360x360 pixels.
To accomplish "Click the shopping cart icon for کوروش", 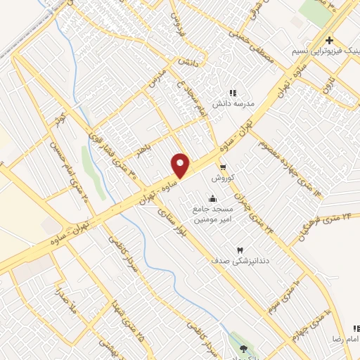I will pos(223,167).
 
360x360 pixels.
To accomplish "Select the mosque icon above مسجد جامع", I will pos(213,198).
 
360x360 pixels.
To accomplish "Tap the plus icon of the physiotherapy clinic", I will pos(329,41).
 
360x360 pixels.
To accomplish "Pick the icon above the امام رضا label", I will pos(354,328).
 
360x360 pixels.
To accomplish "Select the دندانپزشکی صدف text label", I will pos(243,261).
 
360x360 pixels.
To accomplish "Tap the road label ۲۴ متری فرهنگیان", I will pos(323,229).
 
